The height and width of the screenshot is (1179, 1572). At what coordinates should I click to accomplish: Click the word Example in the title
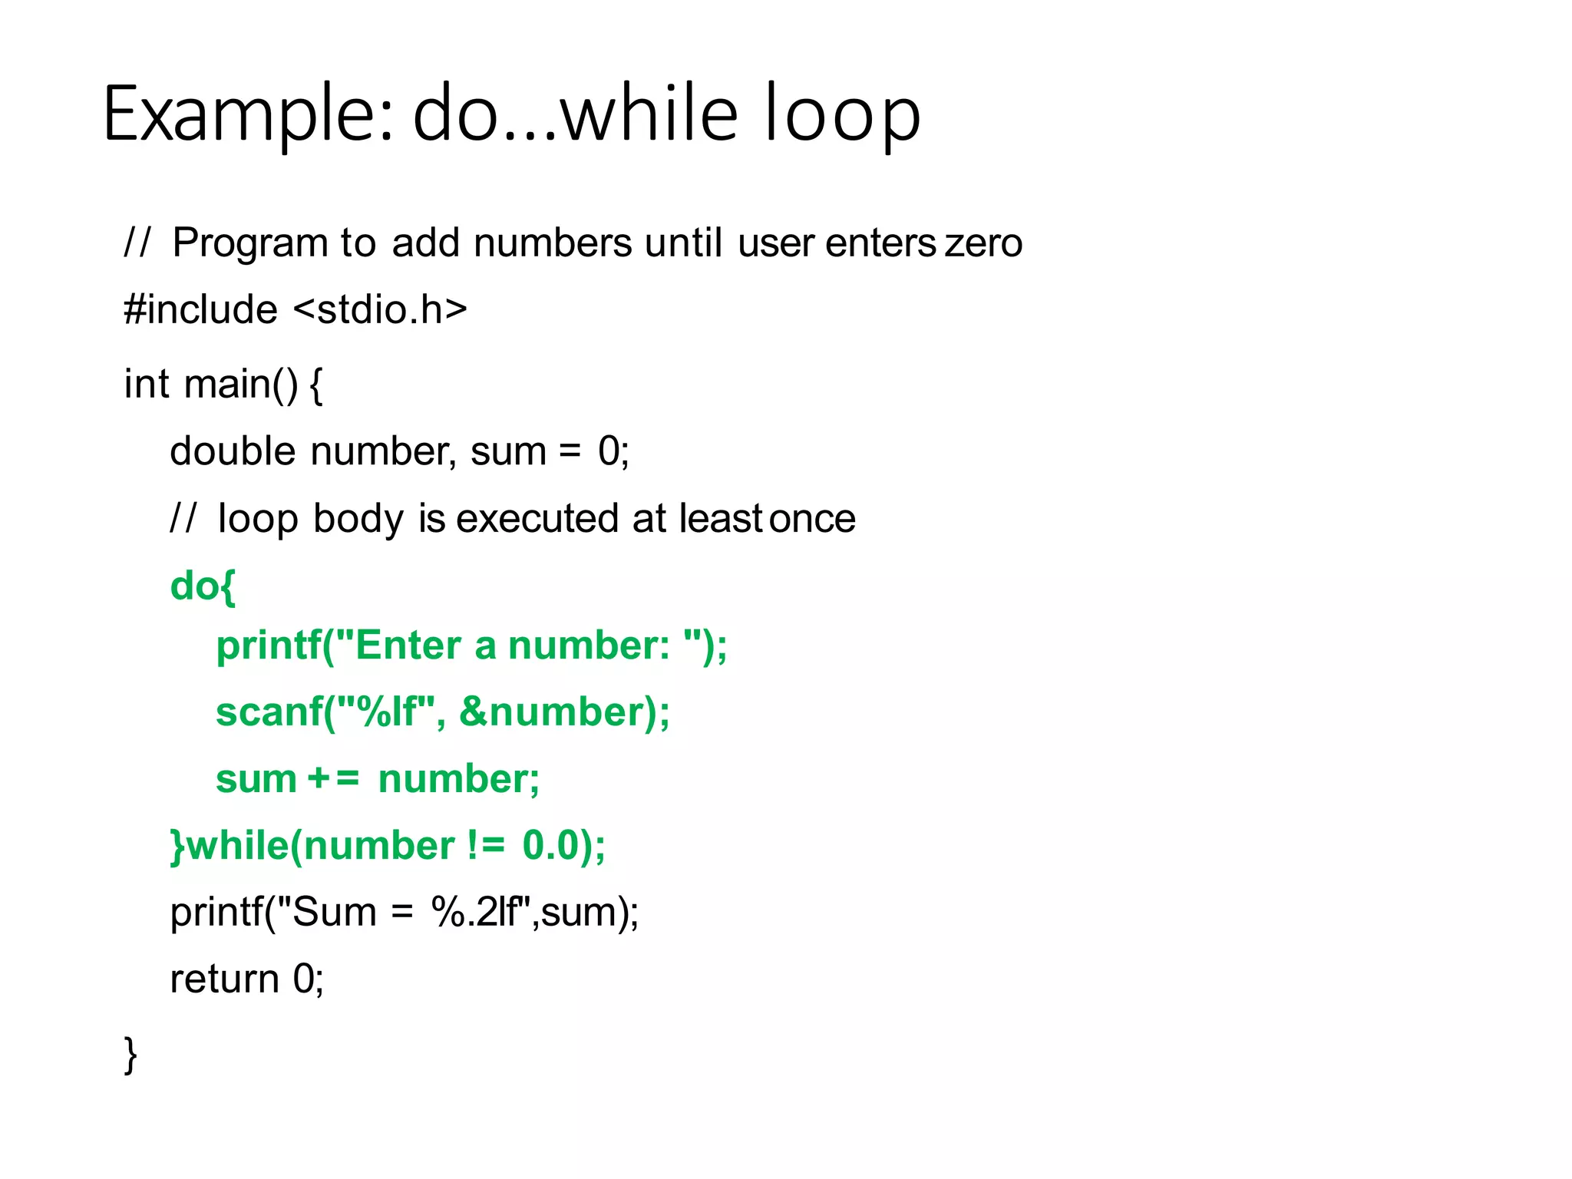tap(247, 115)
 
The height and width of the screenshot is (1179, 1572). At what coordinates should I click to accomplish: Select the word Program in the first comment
tap(251, 243)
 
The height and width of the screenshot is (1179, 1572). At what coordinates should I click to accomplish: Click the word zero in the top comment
tap(983, 243)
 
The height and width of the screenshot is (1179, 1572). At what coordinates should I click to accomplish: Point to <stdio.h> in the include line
tap(380, 310)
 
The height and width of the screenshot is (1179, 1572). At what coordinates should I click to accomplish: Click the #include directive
tap(200, 310)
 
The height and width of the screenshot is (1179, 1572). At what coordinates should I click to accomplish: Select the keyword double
tap(232, 451)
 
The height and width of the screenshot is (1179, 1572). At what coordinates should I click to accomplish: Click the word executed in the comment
tap(537, 518)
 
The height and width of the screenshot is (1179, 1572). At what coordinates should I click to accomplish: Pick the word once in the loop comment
tap(812, 518)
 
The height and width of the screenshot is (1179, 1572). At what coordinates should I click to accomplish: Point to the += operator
tap(333, 778)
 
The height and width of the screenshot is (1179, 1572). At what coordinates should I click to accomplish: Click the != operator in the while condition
tap(486, 846)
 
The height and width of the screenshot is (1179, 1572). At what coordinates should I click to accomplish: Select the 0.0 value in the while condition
tap(550, 846)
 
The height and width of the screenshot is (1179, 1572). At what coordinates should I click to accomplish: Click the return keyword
tap(224, 979)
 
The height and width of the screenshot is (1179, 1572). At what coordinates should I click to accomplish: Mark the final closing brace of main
tap(130, 1055)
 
